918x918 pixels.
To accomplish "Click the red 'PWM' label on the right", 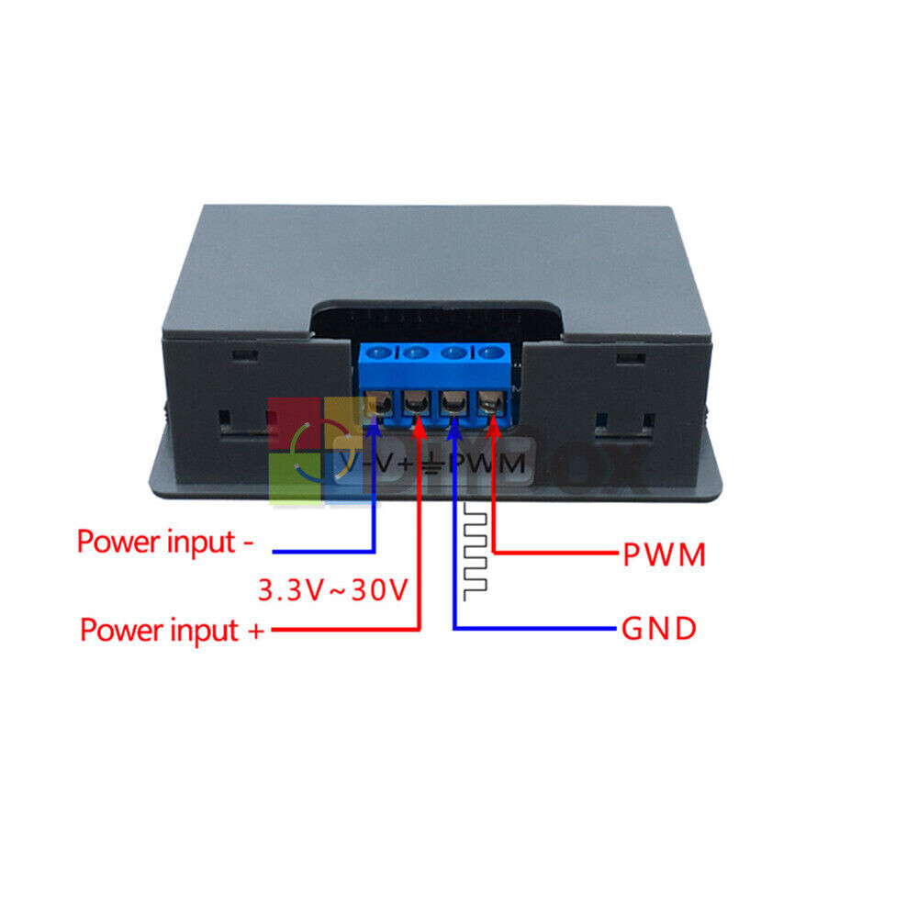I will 664,554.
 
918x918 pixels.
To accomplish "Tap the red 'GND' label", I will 658,630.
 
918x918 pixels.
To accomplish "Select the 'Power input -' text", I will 165,542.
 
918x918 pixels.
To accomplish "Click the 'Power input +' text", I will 173,631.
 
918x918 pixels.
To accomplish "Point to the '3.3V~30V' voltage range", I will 331,589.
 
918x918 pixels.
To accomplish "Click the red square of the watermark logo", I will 294,425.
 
